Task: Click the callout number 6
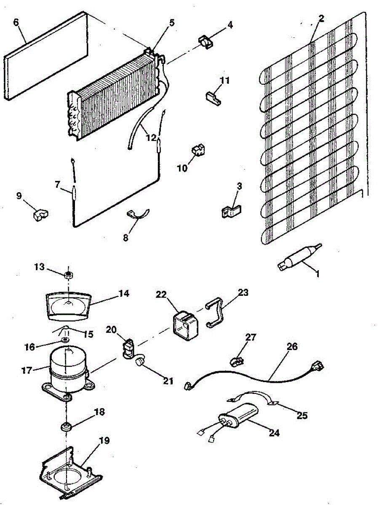tap(16, 23)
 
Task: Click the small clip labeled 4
tap(204, 41)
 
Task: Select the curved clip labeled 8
tap(137, 215)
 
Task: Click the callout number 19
tap(104, 441)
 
